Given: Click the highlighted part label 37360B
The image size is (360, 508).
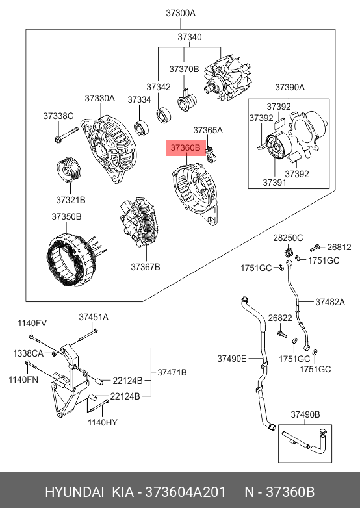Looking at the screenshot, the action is click(x=186, y=147).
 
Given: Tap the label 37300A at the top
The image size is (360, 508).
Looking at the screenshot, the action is click(x=181, y=13).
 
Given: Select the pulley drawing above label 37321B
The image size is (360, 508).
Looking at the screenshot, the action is click(x=70, y=171).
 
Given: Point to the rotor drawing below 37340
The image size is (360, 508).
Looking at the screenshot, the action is click(x=228, y=80).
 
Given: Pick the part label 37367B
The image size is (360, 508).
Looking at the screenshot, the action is click(x=146, y=267).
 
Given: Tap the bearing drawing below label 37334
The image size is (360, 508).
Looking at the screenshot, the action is click(x=142, y=127).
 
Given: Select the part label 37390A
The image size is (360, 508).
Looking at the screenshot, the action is click(x=290, y=88).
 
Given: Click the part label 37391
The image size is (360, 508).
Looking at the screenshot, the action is click(x=274, y=183).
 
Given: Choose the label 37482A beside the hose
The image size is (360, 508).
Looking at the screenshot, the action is click(x=330, y=302).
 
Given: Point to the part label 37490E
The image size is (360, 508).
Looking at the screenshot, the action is click(x=232, y=359).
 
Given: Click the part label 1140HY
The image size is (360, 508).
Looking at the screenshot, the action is click(x=103, y=422).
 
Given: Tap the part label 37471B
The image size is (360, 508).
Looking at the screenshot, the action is click(x=172, y=373).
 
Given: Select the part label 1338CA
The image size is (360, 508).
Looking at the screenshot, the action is click(x=28, y=353).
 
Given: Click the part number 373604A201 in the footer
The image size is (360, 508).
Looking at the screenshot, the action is click(x=185, y=492).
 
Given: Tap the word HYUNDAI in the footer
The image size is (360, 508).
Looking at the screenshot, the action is click(x=75, y=492).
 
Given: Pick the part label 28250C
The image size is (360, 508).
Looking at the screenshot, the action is click(x=288, y=238).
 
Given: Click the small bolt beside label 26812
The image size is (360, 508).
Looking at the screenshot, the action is click(x=315, y=248).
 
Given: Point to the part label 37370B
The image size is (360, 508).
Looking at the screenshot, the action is click(x=184, y=69).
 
